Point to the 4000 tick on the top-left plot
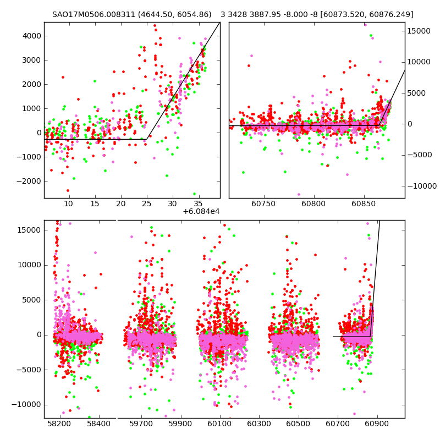tap(32, 36)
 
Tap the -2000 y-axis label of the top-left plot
tap(31, 181)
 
